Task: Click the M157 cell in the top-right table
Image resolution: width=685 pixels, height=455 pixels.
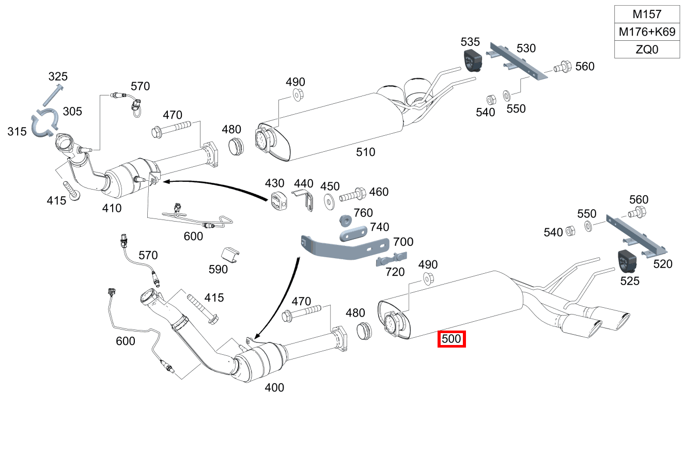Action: [x=647, y=14]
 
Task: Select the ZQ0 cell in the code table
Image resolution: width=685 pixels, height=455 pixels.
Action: [x=647, y=50]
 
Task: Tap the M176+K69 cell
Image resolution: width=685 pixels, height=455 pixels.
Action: [x=647, y=32]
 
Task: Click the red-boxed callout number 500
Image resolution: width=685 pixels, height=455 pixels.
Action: [x=452, y=339]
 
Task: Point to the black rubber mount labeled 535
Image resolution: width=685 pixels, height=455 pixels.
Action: [x=472, y=61]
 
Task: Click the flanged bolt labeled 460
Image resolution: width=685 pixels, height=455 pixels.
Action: [x=353, y=196]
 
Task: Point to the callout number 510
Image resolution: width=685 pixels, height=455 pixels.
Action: [x=365, y=152]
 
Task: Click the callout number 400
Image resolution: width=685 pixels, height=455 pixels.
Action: [x=274, y=387]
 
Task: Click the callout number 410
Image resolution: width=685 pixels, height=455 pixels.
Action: [x=112, y=208]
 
